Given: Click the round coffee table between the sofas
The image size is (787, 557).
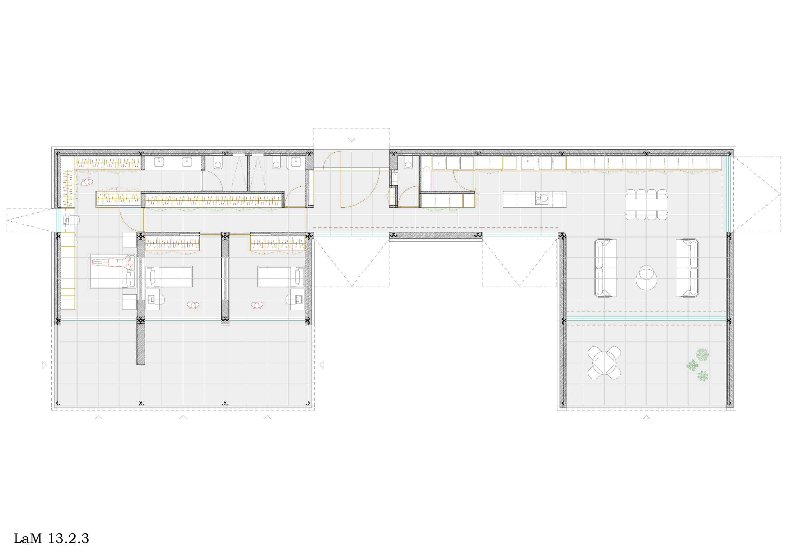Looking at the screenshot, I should tap(647, 278).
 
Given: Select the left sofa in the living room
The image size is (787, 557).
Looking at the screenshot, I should tap(605, 268).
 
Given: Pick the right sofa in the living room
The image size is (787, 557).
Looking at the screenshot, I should tap(687, 268).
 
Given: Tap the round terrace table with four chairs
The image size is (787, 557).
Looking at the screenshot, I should tap(604, 363).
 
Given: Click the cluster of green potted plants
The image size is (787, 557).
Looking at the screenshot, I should tap(698, 364).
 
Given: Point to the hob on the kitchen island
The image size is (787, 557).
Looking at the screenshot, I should tap(541, 199).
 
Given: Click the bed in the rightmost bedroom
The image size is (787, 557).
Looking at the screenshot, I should tap(281, 276).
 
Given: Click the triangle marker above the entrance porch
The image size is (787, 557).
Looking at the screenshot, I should tap(352, 140).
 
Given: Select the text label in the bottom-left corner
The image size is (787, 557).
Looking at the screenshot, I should tap(51, 538).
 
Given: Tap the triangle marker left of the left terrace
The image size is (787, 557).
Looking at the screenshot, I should tap(44, 364).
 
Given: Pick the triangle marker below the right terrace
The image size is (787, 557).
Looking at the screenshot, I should tap(646, 418).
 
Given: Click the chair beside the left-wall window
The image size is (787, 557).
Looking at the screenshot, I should tap(71, 221).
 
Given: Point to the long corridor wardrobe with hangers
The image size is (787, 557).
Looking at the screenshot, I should tap(214, 201).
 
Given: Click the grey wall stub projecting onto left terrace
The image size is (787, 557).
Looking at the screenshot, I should tap(141, 343).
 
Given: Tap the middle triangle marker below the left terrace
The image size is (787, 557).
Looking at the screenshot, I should tap(183, 417).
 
